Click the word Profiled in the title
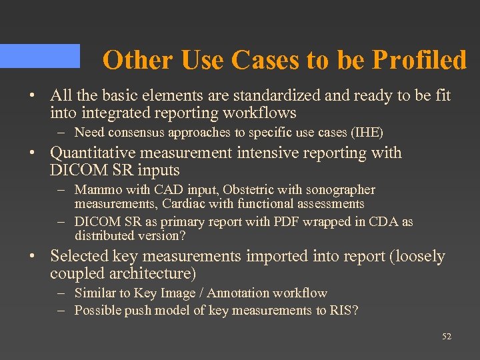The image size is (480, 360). pos(419,60)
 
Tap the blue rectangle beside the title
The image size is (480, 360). pos(39,56)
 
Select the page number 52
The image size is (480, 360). pos(447,337)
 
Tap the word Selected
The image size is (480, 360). pos(79,256)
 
